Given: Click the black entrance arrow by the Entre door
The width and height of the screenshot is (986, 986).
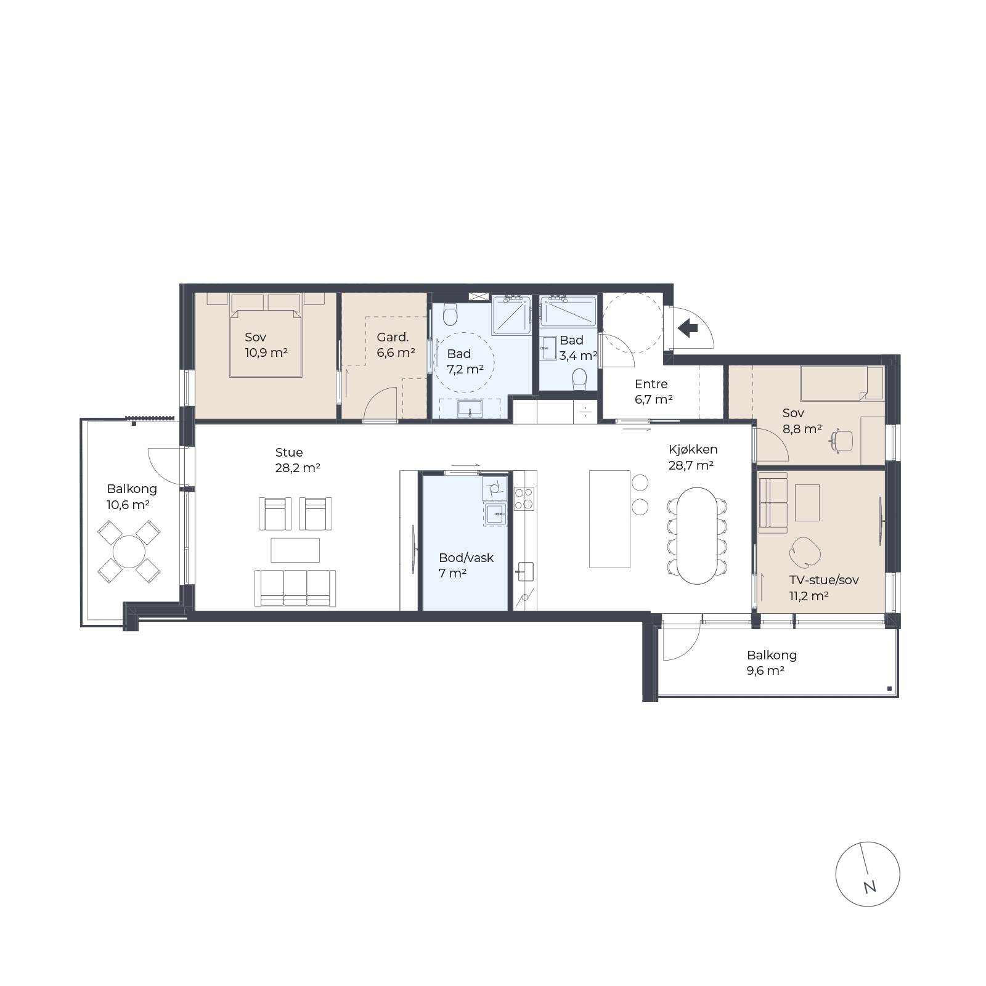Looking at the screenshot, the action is point(688,328).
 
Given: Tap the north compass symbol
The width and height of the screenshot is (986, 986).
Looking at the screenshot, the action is point(868,874).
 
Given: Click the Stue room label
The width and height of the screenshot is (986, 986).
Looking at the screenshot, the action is point(289,452).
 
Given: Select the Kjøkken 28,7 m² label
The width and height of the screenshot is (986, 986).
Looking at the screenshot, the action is point(693,457).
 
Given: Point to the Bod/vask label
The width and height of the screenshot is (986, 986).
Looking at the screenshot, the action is point(466,558).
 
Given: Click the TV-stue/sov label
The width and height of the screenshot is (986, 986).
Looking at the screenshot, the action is point(824,580).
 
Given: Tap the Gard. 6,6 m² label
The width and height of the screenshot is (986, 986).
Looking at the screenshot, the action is point(396,345).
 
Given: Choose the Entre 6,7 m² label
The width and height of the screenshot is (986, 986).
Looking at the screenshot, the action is point(653,391).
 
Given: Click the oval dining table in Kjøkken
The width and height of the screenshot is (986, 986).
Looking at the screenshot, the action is point(698,536).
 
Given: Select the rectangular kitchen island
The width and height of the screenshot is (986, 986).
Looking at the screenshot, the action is point(609,519).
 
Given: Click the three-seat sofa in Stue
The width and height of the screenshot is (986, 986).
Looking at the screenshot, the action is point(295,588).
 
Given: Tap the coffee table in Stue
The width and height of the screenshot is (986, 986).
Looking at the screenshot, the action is point(295,550).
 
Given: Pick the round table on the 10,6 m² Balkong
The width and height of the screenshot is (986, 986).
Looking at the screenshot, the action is point(129,552).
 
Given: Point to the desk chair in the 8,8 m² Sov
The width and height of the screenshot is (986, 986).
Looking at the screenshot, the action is point(842,440).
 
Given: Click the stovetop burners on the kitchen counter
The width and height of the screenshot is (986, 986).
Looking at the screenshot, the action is point(524,499).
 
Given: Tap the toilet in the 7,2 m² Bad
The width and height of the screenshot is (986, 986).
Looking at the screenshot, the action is point(450,314).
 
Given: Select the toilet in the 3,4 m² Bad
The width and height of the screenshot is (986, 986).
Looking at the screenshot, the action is point(579,378).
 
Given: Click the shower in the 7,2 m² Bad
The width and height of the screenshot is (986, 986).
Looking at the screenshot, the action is point(511,315).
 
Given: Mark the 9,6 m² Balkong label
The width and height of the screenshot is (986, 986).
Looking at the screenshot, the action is point(772,663).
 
